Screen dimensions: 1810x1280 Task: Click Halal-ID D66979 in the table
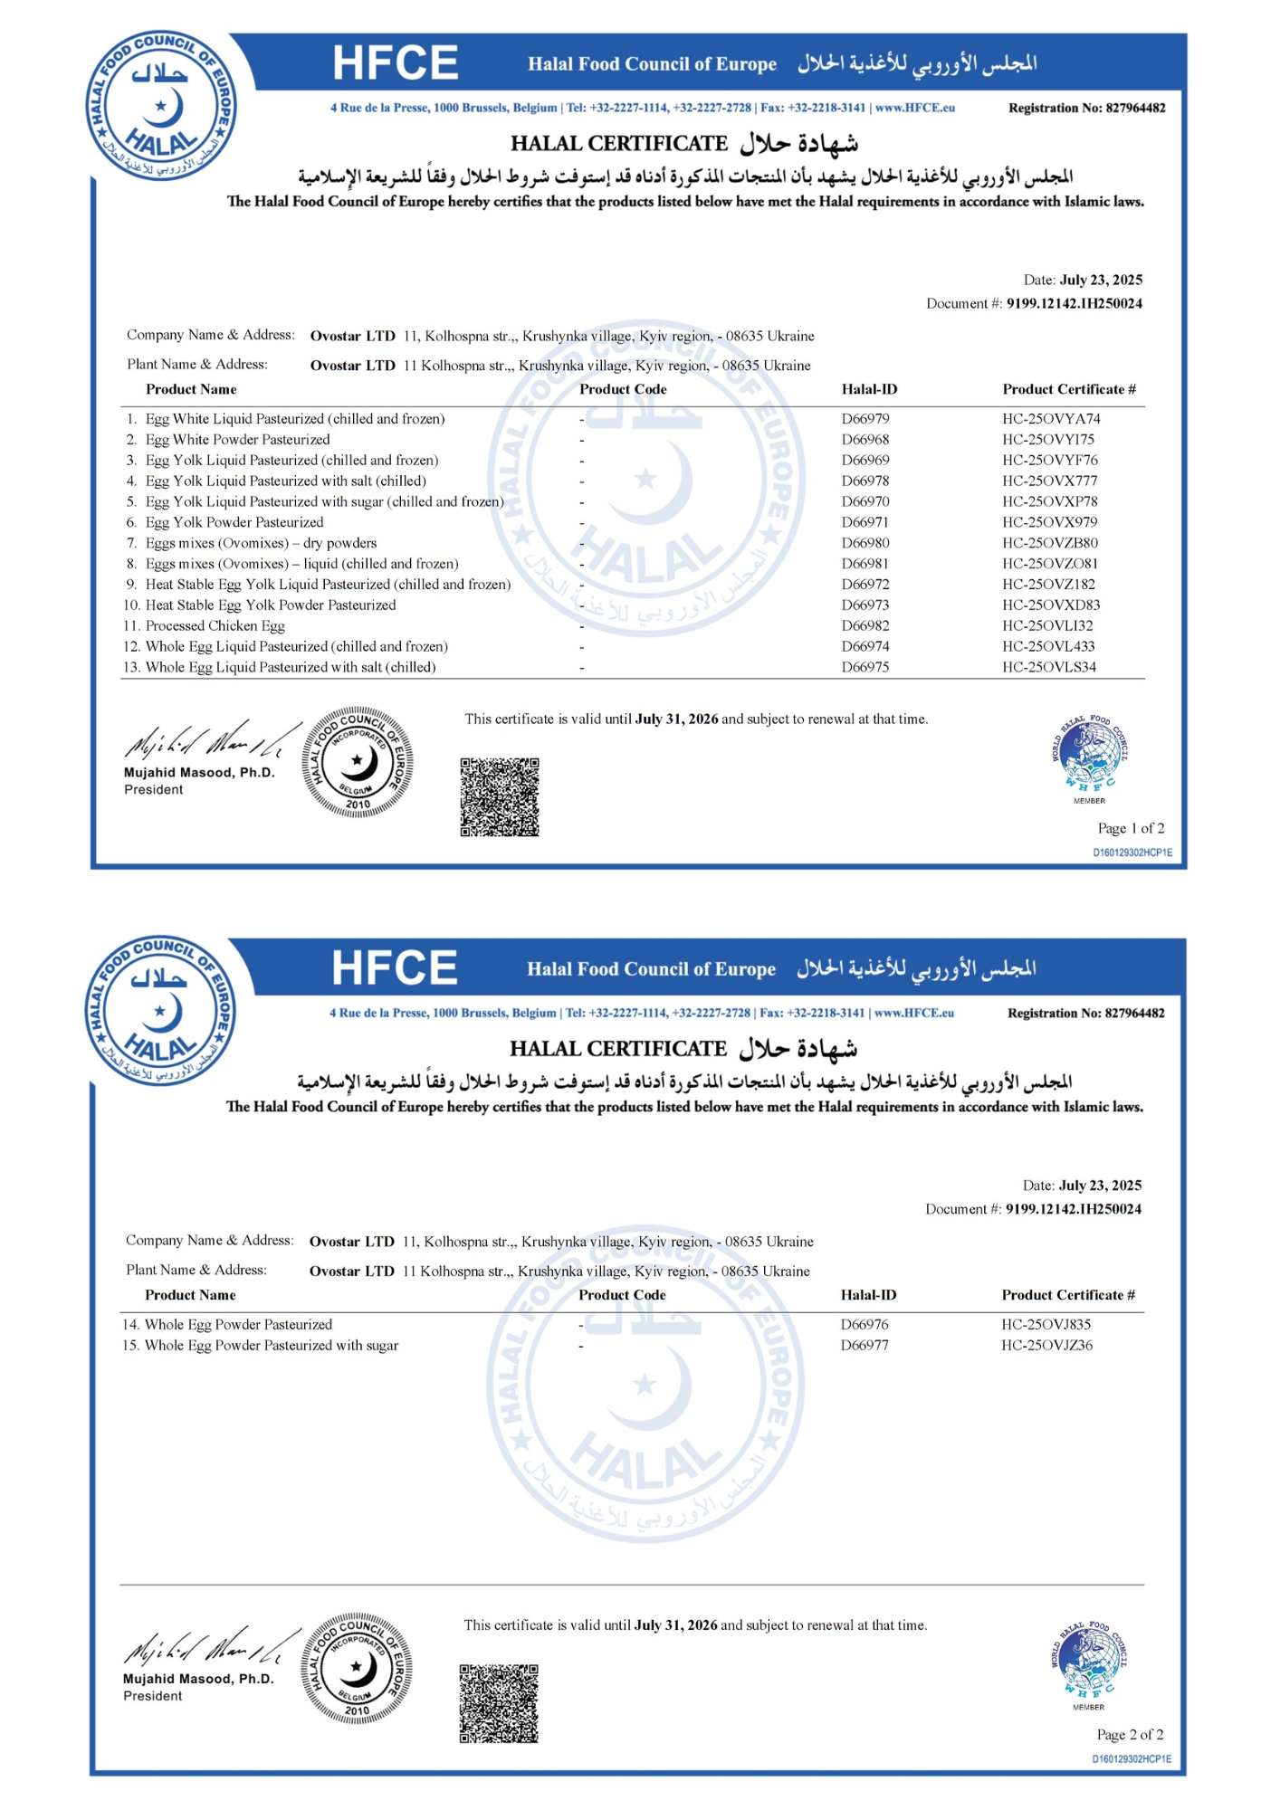[864, 419]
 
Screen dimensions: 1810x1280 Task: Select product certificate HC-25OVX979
[1049, 522]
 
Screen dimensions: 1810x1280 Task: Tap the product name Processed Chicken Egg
[215, 626]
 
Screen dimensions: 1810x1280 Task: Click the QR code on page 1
[499, 797]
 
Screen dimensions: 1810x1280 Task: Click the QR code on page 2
[498, 1703]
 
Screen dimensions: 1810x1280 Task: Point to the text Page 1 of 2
[1131, 829]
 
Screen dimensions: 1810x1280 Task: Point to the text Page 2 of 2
[1130, 1735]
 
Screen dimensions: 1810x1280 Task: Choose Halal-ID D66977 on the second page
[864, 1346]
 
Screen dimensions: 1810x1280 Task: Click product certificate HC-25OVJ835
[1046, 1325]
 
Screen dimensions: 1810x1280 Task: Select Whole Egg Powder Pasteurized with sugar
[272, 1346]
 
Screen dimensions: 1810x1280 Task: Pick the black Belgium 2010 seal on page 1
[358, 762]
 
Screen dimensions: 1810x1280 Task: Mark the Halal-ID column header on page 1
[869, 390]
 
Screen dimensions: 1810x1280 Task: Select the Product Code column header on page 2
[622, 1296]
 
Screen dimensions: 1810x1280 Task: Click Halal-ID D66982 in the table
[864, 626]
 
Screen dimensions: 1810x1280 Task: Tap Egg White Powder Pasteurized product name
[237, 440]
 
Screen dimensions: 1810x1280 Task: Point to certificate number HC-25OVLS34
[1048, 668]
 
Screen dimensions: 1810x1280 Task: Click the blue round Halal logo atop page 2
[161, 1011]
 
